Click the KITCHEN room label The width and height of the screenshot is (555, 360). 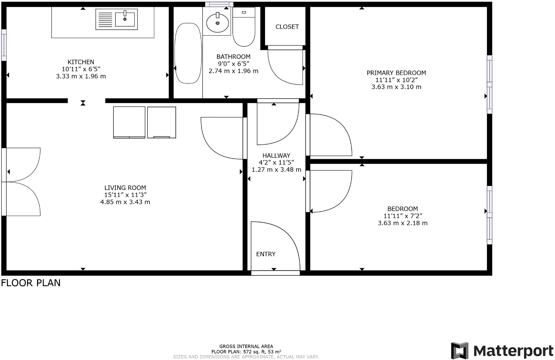click(x=81, y=62)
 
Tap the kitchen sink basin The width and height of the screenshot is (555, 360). click(x=125, y=19)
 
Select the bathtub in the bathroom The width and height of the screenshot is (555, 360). click(x=188, y=53)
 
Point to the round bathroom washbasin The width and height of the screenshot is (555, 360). click(x=217, y=23)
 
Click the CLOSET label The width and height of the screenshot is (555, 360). click(x=287, y=27)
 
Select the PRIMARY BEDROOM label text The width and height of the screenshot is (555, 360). click(x=396, y=73)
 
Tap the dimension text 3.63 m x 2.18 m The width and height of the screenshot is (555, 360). click(x=403, y=223)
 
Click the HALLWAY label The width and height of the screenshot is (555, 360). click(x=276, y=156)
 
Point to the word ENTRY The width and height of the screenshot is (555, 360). click(x=266, y=254)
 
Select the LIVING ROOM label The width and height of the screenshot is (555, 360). click(x=125, y=188)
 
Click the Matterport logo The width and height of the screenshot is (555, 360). click(x=502, y=351)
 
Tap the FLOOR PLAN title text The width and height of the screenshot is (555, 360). click(x=31, y=283)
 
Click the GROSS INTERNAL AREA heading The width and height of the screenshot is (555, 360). click(x=246, y=347)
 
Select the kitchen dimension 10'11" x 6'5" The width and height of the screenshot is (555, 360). click(x=81, y=69)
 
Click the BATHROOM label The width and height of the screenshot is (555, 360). click(x=233, y=57)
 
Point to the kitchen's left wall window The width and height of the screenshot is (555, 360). click(x=4, y=45)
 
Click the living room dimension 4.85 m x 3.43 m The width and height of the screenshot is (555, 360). click(x=125, y=202)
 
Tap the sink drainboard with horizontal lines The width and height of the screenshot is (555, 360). click(x=105, y=19)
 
